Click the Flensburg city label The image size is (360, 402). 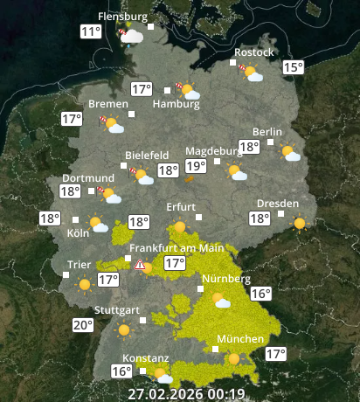(x=121, y=17)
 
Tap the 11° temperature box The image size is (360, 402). (x=90, y=32)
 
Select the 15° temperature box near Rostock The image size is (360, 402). (x=293, y=67)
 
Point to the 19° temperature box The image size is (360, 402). (x=195, y=166)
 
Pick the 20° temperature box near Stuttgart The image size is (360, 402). (x=83, y=326)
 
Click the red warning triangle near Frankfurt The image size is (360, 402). (x=140, y=263)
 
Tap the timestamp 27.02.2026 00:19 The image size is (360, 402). (x=185, y=393)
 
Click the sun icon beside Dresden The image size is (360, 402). (x=301, y=223)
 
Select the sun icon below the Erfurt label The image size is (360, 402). (x=180, y=228)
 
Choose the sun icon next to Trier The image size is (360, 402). (x=85, y=284)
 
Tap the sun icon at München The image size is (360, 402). (x=233, y=358)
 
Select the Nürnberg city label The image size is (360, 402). (x=226, y=280)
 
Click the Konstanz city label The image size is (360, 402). (x=144, y=359)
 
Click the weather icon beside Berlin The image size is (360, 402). (x=289, y=154)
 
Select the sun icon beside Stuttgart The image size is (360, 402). (x=124, y=331)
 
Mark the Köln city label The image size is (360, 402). (x=78, y=233)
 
